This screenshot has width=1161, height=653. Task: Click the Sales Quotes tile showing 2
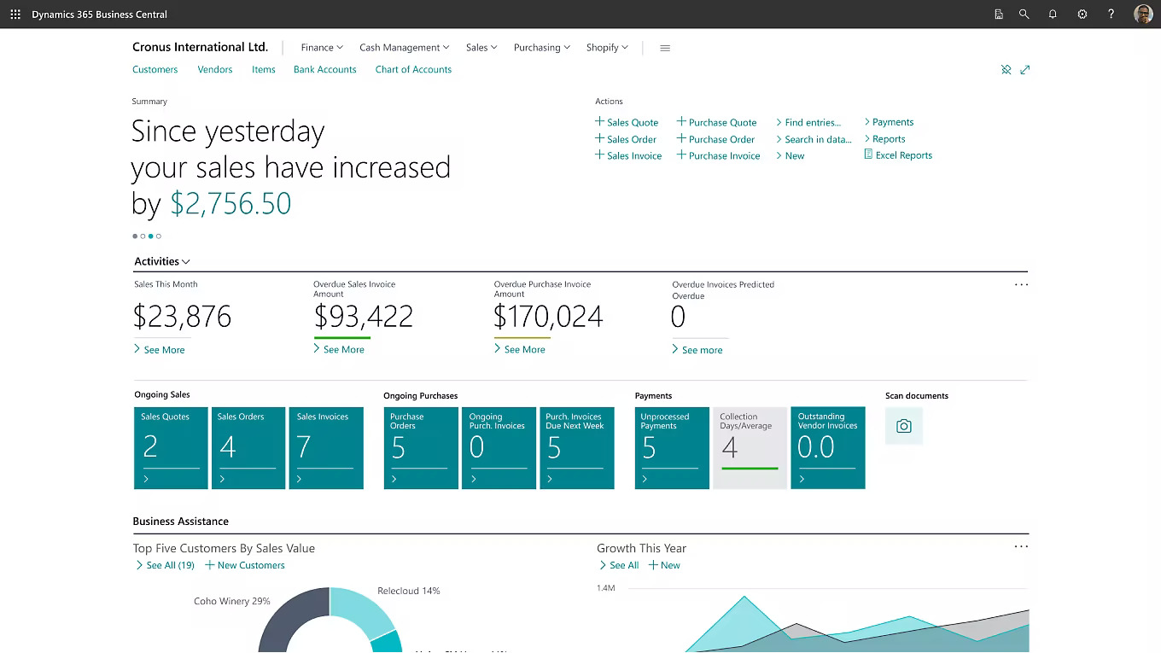coord(171,448)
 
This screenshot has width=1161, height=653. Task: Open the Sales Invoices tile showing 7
coord(326,448)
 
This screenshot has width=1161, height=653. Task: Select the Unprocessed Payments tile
coord(672,448)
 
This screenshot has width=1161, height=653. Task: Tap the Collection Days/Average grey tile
coord(750,448)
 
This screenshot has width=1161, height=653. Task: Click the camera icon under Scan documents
coord(904,426)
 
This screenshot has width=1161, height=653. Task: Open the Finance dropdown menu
coord(322,48)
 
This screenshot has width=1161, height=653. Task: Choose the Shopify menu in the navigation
coord(607,48)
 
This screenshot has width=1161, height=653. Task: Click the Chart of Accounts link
coord(413,70)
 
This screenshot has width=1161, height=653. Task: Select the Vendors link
coord(215,70)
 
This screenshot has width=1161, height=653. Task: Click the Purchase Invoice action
coord(724,156)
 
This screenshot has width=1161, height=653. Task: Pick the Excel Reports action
coord(903,155)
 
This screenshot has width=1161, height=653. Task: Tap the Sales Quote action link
coord(632,123)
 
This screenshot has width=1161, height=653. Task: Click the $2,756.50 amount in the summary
coord(230,204)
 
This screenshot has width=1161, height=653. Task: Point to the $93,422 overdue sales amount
coord(364,318)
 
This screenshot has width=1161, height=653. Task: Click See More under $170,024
coord(524,350)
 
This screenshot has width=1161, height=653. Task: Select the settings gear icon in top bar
coord(1082,15)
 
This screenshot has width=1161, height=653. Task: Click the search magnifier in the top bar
coord(1024,15)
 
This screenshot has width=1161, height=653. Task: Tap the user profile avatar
coord(1143,15)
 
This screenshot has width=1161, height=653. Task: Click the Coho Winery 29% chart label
coord(231,602)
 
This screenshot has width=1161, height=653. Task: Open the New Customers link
coord(250,566)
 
